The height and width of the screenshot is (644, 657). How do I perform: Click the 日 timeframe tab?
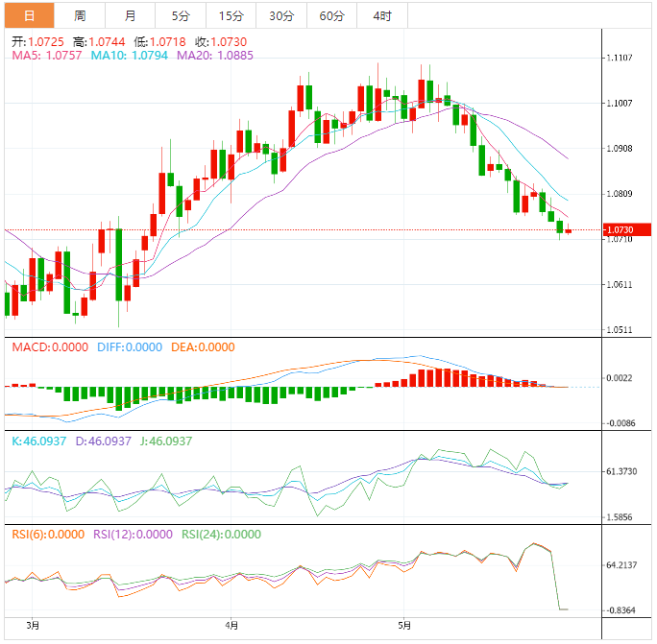(29, 15)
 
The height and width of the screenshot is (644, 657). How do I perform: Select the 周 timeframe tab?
(80, 15)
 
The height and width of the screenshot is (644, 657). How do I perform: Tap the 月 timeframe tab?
(131, 15)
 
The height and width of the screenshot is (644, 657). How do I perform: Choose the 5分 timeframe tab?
(181, 15)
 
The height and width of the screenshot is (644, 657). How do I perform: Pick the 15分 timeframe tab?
(231, 15)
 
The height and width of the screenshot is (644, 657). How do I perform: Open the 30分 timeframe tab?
(281, 15)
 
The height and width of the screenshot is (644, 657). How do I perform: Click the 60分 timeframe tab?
(331, 15)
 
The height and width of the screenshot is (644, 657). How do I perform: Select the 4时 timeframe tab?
(381, 15)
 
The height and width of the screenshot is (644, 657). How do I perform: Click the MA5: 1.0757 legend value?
(47, 56)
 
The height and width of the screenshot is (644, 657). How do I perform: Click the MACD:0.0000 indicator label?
(50, 347)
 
